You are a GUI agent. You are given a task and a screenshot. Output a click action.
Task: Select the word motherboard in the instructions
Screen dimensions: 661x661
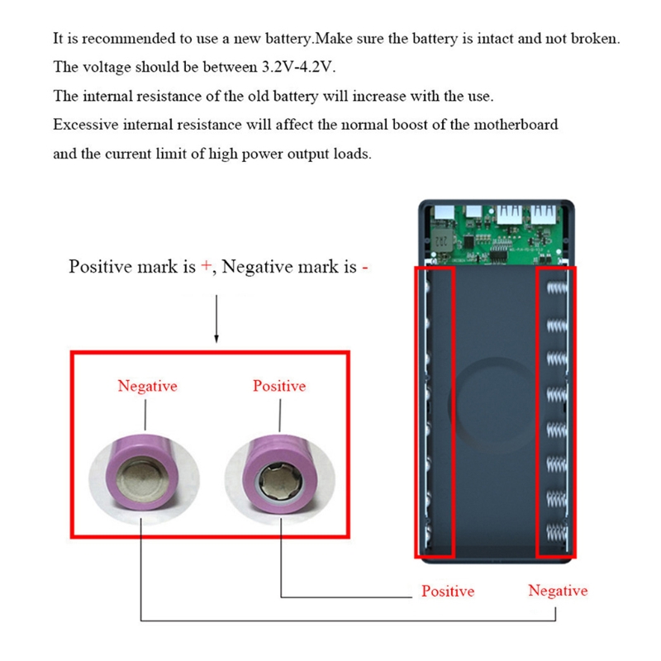[516, 125]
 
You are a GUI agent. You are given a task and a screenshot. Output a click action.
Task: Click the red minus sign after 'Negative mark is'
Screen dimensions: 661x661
[364, 268]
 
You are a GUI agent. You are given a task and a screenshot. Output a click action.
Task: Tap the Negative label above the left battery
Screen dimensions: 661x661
[147, 386]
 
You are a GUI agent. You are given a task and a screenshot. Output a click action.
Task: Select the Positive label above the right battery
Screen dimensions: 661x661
[279, 386]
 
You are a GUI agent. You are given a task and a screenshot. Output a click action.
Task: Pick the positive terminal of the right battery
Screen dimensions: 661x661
[279, 479]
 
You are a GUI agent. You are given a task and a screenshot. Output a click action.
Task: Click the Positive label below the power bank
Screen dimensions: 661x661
[448, 591]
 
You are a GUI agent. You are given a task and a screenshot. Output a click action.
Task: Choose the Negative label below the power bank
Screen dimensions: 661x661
[558, 591]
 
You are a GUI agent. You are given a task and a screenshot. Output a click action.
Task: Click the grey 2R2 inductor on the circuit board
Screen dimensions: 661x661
[440, 240]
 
